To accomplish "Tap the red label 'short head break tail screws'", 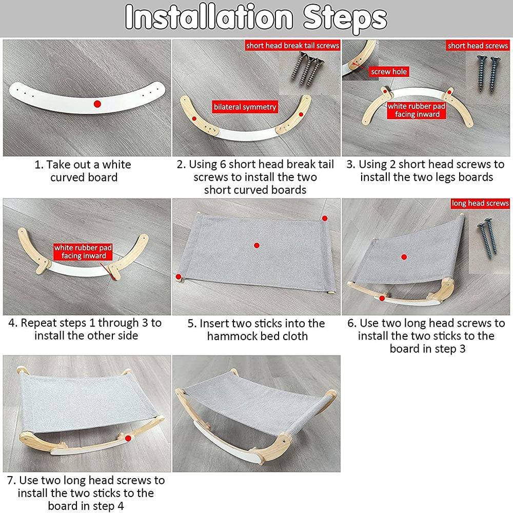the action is [292, 46].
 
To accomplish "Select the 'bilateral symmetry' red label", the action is [245, 107].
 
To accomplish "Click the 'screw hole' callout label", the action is [389, 72].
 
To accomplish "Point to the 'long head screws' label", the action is [480, 203].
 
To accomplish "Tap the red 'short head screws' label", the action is [478, 46].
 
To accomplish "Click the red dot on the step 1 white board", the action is [97, 104].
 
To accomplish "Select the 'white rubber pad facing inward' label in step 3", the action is [417, 110].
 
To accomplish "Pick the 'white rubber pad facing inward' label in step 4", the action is [83, 251].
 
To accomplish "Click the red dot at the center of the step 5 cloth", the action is [256, 245].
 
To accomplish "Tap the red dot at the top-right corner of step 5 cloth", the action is [325, 218].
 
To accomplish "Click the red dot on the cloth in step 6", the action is [404, 257].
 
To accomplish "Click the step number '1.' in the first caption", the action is [39, 165].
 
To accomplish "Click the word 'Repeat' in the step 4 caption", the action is [38, 323].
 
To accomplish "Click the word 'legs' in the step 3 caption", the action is [444, 177].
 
